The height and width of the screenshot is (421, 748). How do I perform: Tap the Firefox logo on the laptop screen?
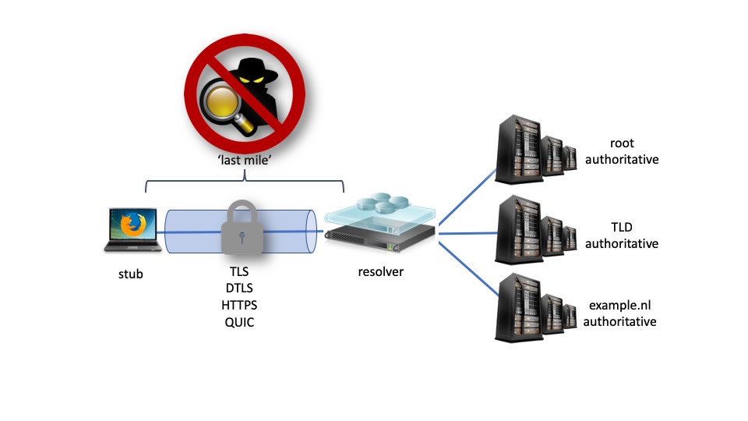(133, 225)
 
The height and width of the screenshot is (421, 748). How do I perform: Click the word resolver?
(381, 272)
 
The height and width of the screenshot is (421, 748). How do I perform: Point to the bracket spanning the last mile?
(245, 182)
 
